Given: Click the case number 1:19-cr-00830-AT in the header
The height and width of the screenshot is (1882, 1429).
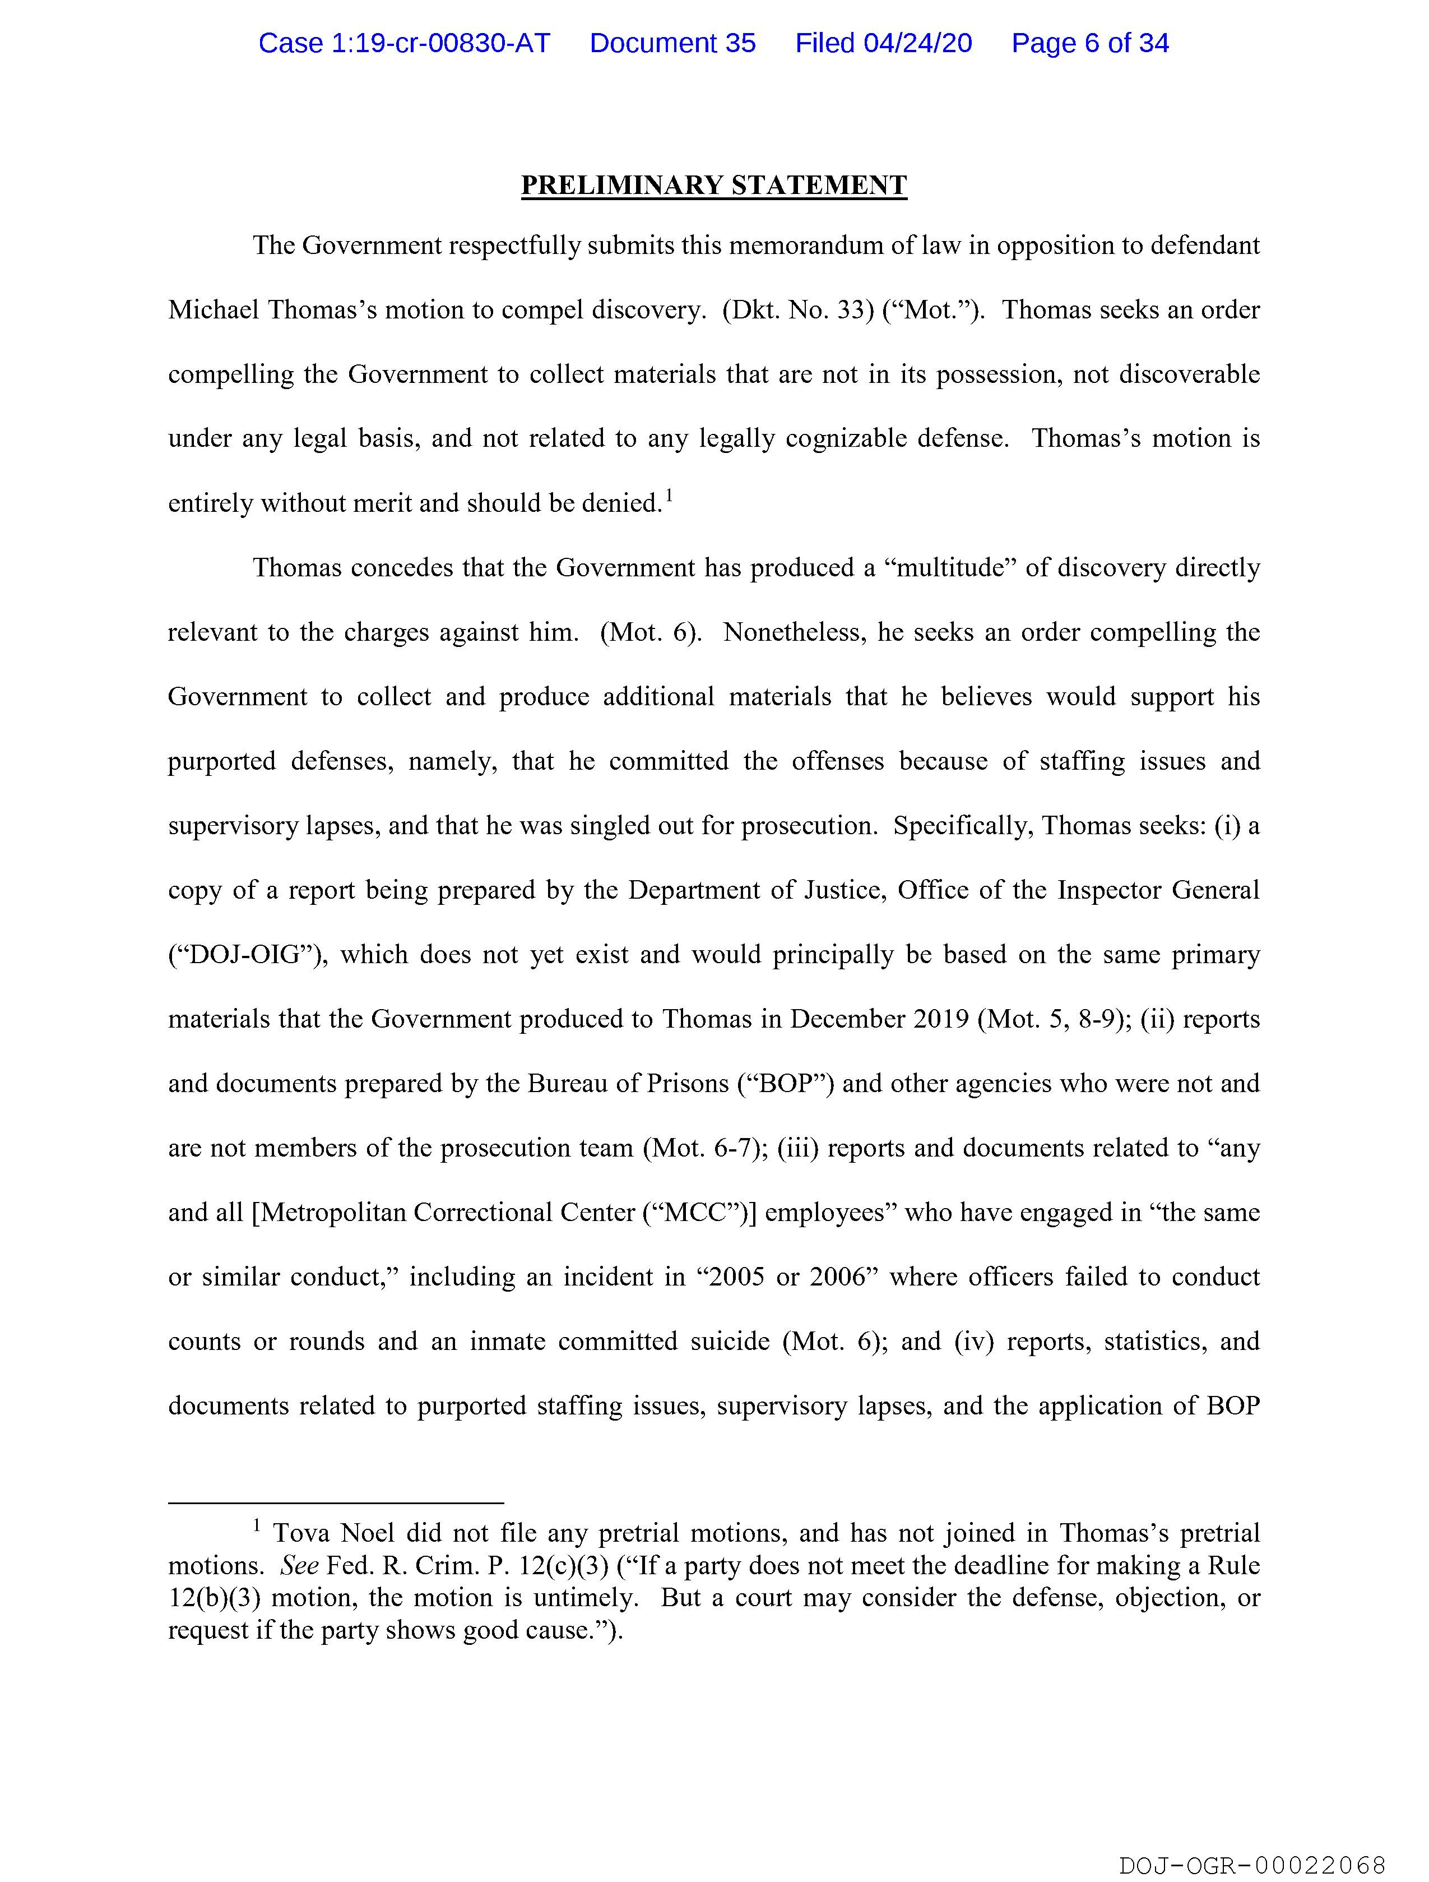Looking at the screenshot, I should pyautogui.click(x=404, y=43).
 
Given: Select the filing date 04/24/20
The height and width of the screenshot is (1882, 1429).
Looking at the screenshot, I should pyautogui.click(x=918, y=43).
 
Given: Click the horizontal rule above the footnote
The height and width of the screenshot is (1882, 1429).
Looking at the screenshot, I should pyautogui.click(x=336, y=1504).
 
